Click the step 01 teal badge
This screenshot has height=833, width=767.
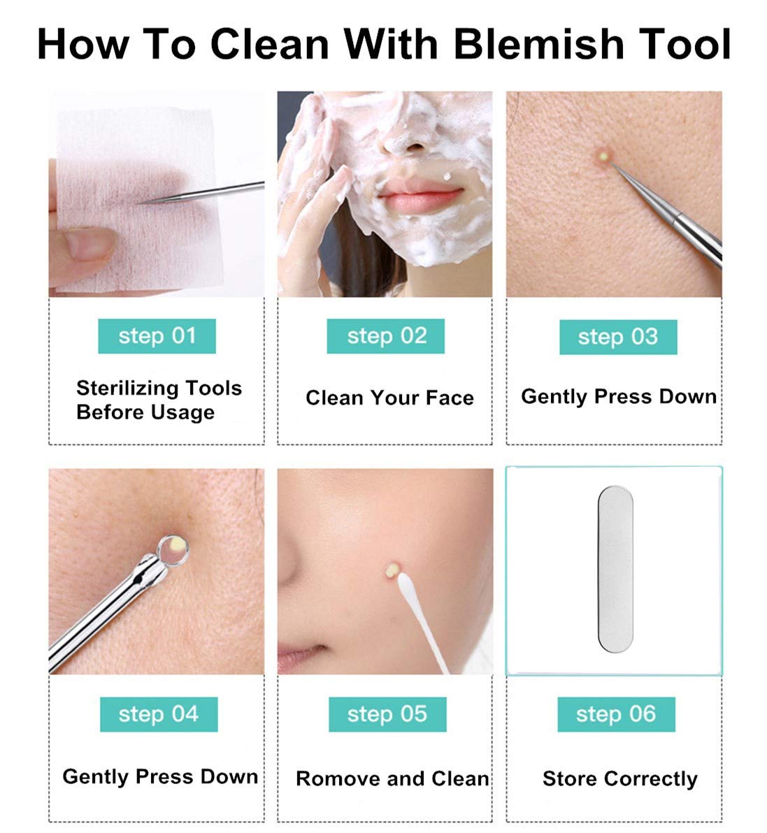pyautogui.click(x=157, y=336)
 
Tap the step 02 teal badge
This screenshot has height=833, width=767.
pyautogui.click(x=386, y=336)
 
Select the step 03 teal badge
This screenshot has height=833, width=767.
pyautogui.click(x=617, y=337)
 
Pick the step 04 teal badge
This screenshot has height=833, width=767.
pyautogui.click(x=159, y=714)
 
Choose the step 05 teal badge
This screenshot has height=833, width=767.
pyautogui.click(x=387, y=714)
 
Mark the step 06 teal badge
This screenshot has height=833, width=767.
pyautogui.click(x=616, y=714)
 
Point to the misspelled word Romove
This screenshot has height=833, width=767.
pyautogui.click(x=332, y=778)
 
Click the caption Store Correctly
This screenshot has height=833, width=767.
pyautogui.click(x=619, y=778)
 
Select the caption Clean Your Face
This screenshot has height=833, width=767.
pyautogui.click(x=389, y=398)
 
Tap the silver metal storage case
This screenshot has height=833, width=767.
pyautogui.click(x=615, y=570)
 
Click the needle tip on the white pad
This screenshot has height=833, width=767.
pyautogui.click(x=143, y=202)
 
